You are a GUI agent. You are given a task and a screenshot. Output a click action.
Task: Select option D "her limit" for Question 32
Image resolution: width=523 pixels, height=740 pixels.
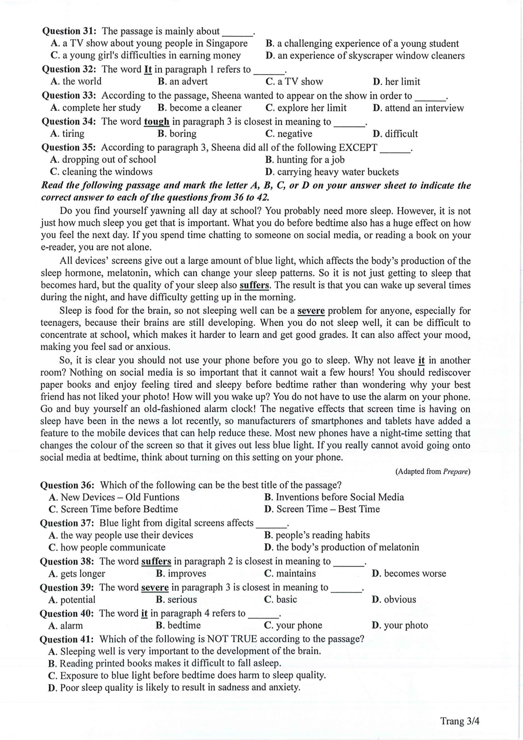tap(396, 82)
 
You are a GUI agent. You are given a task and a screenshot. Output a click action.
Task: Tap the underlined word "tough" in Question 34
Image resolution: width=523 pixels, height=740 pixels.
tap(156, 121)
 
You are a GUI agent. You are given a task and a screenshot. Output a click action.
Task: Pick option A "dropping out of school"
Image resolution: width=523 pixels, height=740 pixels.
tap(103, 160)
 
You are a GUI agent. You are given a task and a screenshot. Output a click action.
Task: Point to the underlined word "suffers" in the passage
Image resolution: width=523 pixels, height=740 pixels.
tap(254, 285)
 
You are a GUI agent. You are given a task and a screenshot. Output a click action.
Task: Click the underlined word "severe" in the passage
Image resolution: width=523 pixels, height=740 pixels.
tap(311, 311)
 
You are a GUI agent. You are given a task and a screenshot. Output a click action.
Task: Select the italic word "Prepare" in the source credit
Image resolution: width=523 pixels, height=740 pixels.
tap(455, 471)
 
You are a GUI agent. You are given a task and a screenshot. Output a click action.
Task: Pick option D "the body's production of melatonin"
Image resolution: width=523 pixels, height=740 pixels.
tap(341, 547)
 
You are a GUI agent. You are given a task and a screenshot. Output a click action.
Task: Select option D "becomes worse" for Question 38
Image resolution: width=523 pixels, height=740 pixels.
tap(409, 573)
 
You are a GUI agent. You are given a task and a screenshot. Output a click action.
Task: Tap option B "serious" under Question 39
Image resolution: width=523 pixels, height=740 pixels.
tap(176, 600)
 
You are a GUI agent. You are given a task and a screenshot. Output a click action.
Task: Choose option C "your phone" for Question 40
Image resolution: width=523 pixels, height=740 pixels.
tap(293, 625)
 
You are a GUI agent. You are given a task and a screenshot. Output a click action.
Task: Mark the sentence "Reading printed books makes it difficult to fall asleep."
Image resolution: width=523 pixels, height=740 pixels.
tap(165, 663)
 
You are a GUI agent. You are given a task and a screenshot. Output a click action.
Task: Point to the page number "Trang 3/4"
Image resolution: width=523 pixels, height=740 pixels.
tap(459, 721)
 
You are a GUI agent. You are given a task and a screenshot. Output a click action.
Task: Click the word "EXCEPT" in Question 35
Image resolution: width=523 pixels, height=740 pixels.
tap(358, 148)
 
